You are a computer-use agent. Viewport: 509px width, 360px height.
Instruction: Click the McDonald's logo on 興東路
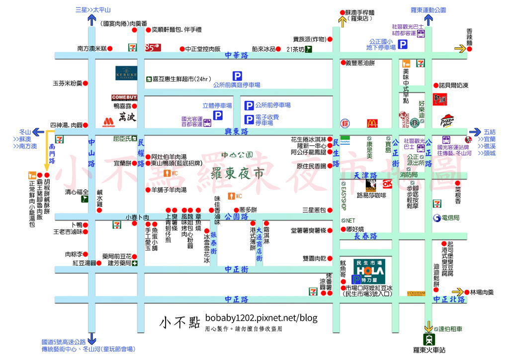372,123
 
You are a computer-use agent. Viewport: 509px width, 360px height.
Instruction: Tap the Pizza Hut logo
447,120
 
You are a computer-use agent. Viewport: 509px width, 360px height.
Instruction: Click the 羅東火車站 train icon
428,340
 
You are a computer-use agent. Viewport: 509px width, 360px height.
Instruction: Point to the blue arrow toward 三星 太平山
92,20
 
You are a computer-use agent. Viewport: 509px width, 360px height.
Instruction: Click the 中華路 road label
236,56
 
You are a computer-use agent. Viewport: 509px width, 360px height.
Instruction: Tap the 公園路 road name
236,217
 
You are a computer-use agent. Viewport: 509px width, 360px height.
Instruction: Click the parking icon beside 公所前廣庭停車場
238,76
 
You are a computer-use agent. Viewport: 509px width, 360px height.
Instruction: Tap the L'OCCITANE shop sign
417,293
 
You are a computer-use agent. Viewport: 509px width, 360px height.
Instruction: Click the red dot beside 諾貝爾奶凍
435,85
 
